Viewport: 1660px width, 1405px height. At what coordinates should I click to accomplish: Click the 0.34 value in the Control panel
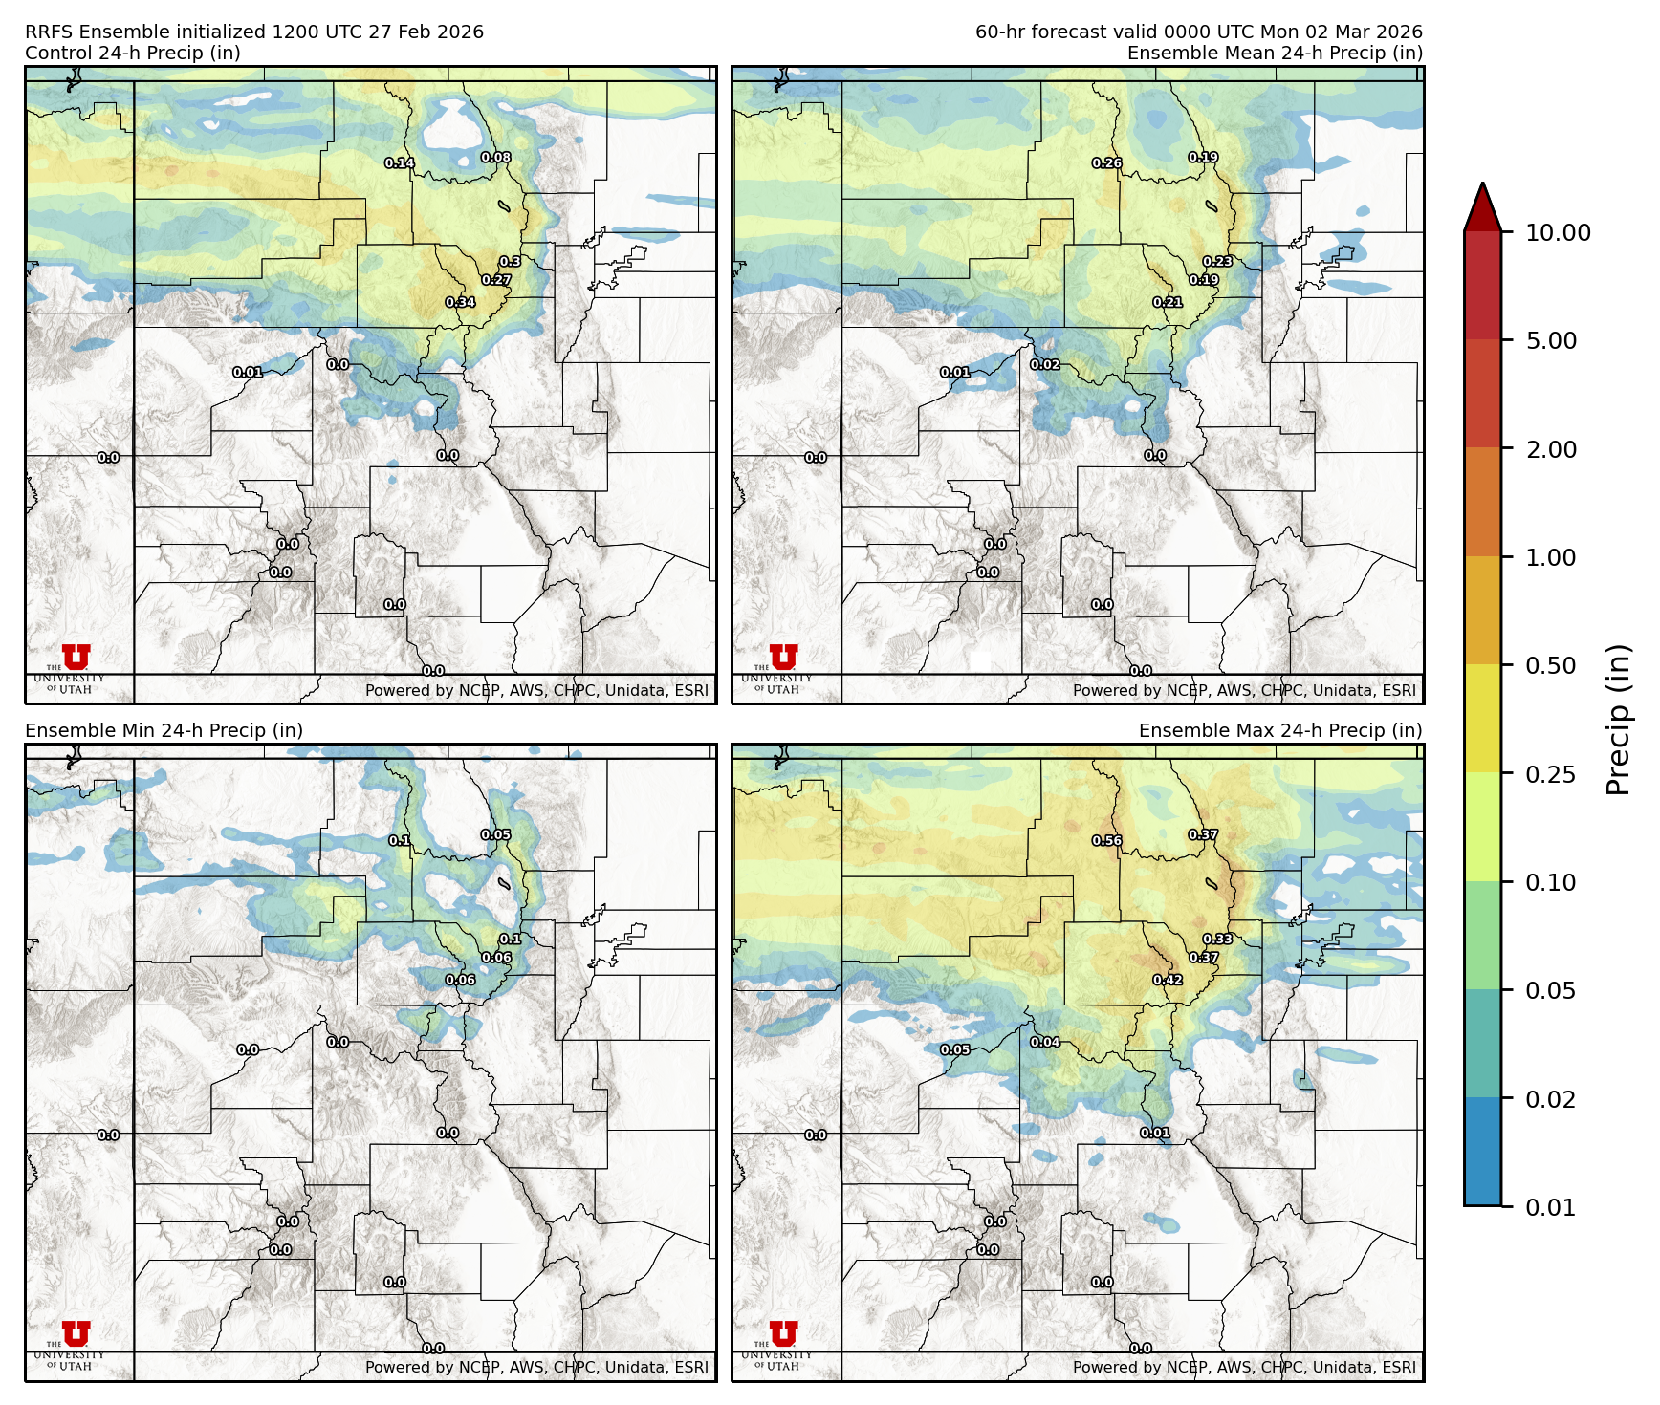pyautogui.click(x=460, y=303)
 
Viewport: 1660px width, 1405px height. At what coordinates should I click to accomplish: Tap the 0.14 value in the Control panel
pyautogui.click(x=400, y=163)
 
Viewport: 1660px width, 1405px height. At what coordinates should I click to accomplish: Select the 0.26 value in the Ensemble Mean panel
pyautogui.click(x=1107, y=163)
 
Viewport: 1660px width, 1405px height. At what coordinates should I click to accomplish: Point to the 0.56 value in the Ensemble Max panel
pyautogui.click(x=1107, y=841)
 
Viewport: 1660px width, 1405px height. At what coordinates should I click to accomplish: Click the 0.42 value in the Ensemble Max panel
pyautogui.click(x=1168, y=980)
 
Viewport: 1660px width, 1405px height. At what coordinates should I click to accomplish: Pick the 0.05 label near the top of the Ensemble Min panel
pyautogui.click(x=495, y=834)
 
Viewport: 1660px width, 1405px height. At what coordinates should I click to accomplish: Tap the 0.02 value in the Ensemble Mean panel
pyautogui.click(x=1045, y=365)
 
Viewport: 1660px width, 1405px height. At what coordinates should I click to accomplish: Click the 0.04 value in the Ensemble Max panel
pyautogui.click(x=1045, y=1042)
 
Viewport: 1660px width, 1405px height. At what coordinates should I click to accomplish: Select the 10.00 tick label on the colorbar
pyautogui.click(x=1558, y=232)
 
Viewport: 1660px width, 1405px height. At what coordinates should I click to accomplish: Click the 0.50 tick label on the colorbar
pyautogui.click(x=1551, y=665)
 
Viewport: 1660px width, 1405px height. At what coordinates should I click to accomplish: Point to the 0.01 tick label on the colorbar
pyautogui.click(x=1551, y=1207)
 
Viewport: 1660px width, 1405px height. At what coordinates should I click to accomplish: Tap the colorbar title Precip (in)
pyautogui.click(x=1618, y=719)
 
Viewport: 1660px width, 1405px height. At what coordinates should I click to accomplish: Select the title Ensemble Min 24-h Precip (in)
pyautogui.click(x=164, y=730)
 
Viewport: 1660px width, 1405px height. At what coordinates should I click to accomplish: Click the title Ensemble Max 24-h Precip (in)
pyautogui.click(x=1280, y=730)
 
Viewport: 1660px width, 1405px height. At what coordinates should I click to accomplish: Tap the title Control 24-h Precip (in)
pyautogui.click(x=133, y=53)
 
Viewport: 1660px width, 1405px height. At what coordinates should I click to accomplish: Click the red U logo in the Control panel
pyautogui.click(x=76, y=658)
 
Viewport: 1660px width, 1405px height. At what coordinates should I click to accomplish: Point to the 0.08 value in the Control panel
pyautogui.click(x=495, y=158)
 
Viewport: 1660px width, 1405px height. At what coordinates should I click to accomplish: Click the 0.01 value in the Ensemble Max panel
pyautogui.click(x=1155, y=1133)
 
